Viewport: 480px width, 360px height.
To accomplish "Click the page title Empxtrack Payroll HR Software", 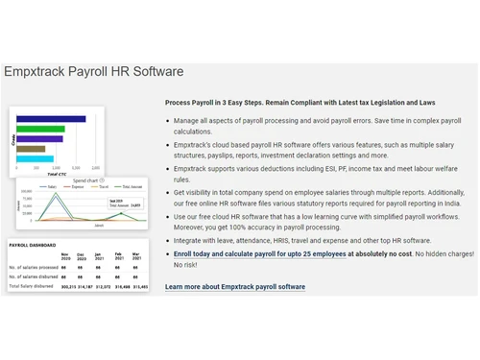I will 93,72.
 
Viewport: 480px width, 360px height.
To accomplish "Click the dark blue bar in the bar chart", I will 51,119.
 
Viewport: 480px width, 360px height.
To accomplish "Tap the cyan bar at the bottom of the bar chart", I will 37,158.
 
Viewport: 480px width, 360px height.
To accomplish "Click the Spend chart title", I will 85,180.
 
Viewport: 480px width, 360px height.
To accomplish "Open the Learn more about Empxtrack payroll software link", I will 235,287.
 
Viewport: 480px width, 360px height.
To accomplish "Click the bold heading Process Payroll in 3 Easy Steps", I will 229,102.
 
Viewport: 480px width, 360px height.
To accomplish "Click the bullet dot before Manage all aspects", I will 168,121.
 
